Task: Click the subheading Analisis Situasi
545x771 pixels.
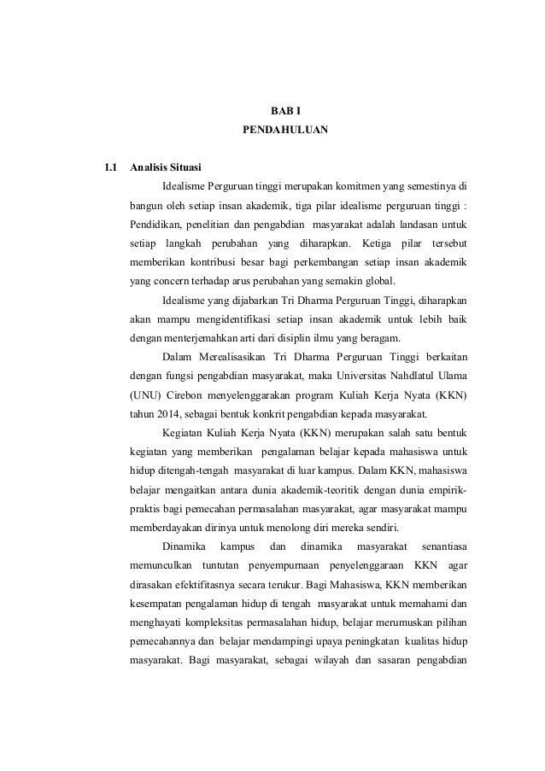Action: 166,166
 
